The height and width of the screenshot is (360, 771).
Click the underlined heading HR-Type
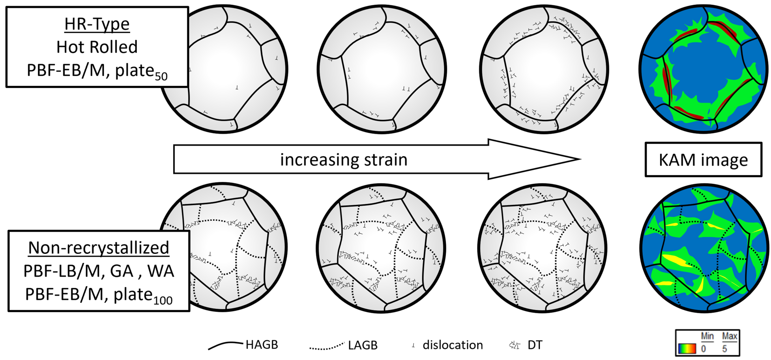click(x=97, y=24)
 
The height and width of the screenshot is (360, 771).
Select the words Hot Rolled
click(x=97, y=47)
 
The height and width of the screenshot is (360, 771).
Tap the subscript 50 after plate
click(x=161, y=76)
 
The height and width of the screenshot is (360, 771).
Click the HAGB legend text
click(x=262, y=345)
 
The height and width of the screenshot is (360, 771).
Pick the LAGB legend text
click(x=363, y=345)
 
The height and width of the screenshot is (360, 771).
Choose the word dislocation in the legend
click(x=453, y=345)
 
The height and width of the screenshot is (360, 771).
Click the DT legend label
click(x=535, y=345)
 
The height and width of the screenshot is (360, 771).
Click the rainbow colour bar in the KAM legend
click(x=687, y=349)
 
